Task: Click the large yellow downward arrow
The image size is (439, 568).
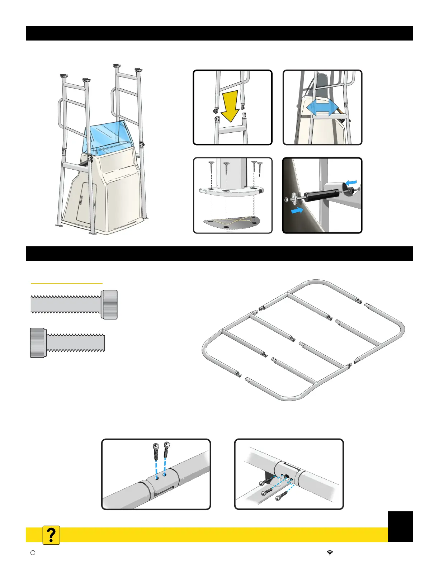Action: [x=230, y=106]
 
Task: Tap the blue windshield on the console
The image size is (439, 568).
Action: [x=106, y=136]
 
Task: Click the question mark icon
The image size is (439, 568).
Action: [x=51, y=535]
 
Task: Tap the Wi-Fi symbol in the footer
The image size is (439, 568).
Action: [x=330, y=553]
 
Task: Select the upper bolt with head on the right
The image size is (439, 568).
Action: [x=74, y=304]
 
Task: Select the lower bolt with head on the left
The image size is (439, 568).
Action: [x=67, y=342]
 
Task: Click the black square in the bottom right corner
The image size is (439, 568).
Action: [x=400, y=526]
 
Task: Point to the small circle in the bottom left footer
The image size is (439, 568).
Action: [x=33, y=553]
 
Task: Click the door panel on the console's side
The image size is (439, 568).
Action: [x=84, y=203]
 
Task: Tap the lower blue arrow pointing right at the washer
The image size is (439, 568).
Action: [x=297, y=211]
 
